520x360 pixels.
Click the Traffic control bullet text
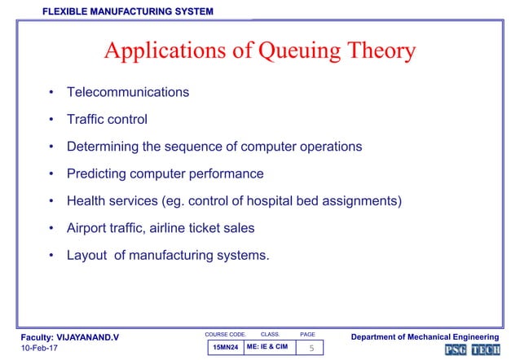[107, 120]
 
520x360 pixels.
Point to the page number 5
[309, 349]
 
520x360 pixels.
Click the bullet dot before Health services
[51, 201]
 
